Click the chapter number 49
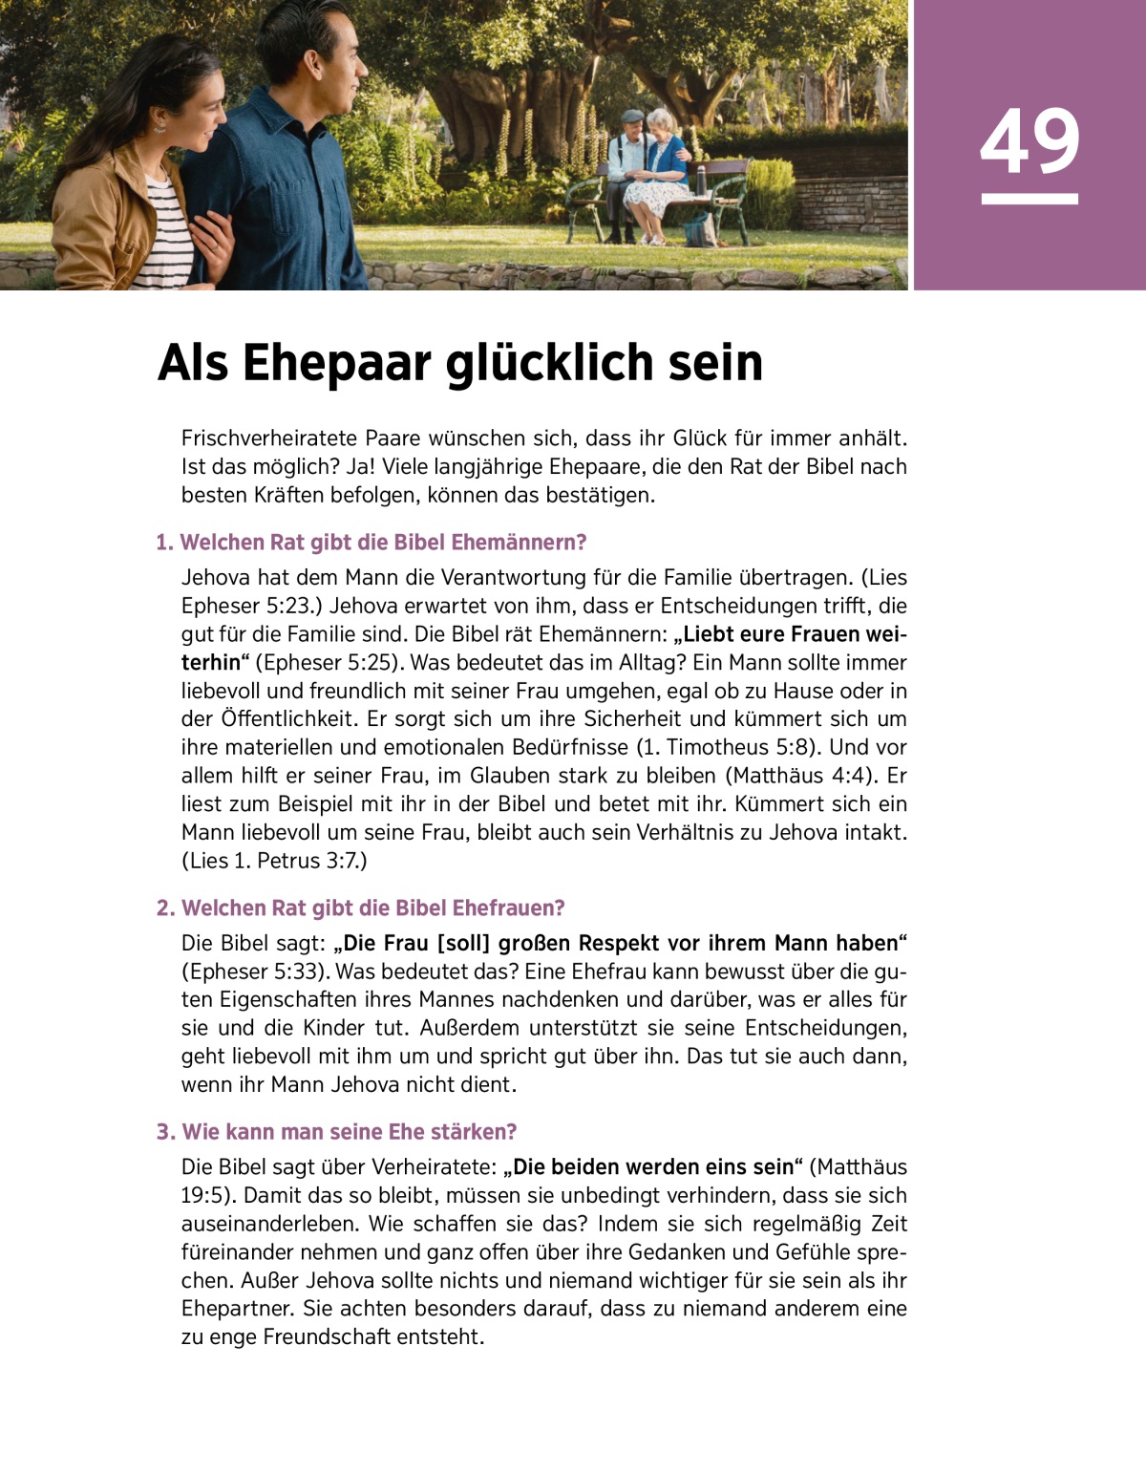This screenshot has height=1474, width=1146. click(1029, 142)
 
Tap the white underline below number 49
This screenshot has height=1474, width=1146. click(1029, 199)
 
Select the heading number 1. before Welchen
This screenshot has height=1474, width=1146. click(165, 543)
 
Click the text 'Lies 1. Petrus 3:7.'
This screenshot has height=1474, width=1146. click(275, 861)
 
